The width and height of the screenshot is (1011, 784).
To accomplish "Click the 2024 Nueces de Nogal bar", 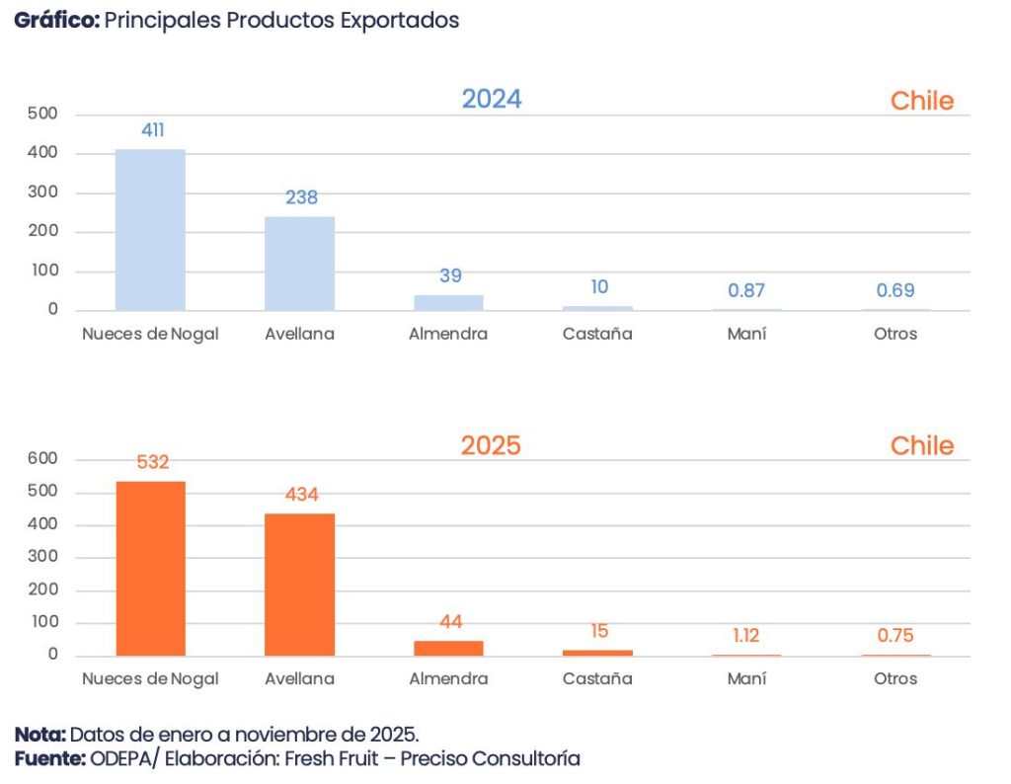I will (x=150, y=230).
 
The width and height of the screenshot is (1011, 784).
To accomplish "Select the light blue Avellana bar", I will (x=299, y=264).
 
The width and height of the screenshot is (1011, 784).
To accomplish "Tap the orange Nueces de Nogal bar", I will (x=150, y=569).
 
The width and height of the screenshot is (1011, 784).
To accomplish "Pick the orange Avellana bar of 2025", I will (x=299, y=585).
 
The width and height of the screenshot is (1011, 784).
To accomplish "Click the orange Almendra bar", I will (x=448, y=648).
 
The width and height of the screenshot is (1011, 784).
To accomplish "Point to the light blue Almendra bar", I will (x=448, y=302).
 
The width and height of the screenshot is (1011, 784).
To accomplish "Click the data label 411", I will (x=153, y=129).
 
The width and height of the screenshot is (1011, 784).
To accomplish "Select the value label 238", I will (x=301, y=197).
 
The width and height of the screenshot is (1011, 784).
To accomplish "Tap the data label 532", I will (x=153, y=461).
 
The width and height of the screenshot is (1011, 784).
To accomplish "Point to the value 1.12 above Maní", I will (x=746, y=636).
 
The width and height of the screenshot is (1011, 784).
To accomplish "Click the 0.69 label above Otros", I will (x=895, y=290).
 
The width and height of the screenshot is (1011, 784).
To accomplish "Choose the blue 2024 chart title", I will (x=492, y=100).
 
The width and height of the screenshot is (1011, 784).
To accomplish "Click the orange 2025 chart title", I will (x=491, y=445).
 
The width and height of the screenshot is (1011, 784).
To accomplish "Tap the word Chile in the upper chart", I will (x=921, y=101).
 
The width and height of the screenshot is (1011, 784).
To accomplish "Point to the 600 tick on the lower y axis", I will (x=44, y=459).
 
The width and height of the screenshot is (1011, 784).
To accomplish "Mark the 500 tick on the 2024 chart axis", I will (x=44, y=115).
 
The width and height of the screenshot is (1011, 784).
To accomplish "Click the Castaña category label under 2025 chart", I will (x=597, y=679).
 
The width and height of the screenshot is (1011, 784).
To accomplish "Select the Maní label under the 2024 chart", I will (x=746, y=334).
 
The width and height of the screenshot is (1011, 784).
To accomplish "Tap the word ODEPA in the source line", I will (x=119, y=758).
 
